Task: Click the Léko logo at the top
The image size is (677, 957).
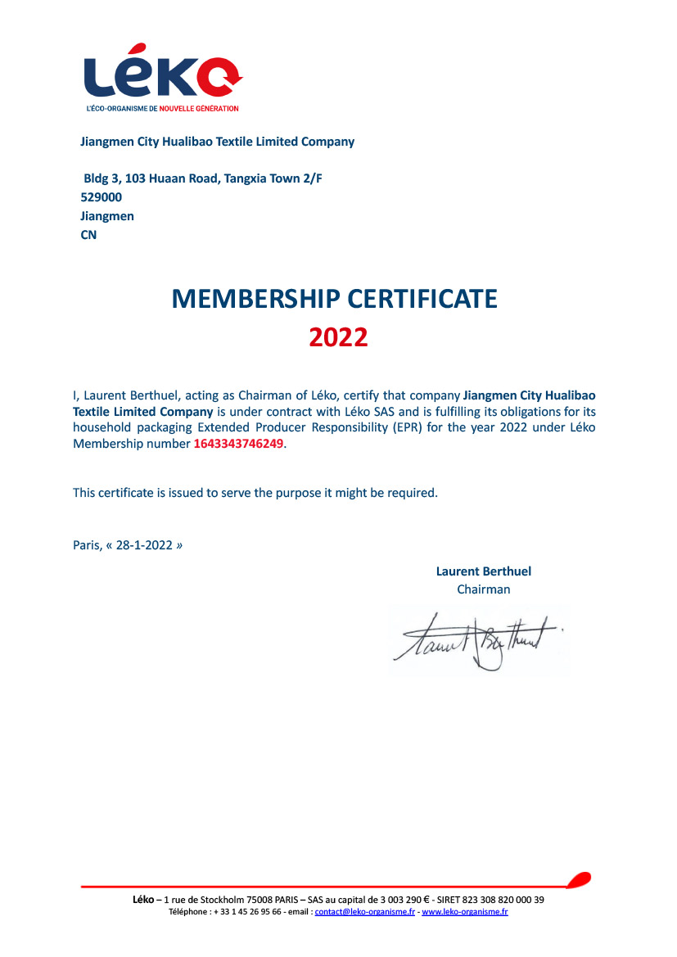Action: point(162,72)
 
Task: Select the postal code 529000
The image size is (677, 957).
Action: point(102,197)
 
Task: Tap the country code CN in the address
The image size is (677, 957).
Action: point(88,235)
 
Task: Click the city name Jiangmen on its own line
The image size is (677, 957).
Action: point(107,216)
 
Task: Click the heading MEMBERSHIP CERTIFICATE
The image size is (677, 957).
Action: point(334,299)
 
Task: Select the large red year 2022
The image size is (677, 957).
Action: point(338,336)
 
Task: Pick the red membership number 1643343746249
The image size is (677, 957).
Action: point(240,445)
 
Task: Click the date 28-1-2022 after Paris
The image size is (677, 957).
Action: point(144,544)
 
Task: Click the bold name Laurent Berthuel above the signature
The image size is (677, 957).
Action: point(483,571)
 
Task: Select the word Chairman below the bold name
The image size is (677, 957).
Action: point(483,589)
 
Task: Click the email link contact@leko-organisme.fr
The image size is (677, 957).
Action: point(364,912)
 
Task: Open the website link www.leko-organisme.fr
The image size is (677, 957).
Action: point(465,912)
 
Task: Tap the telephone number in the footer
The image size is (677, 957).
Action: point(247,912)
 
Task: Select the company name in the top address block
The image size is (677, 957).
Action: point(217,142)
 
